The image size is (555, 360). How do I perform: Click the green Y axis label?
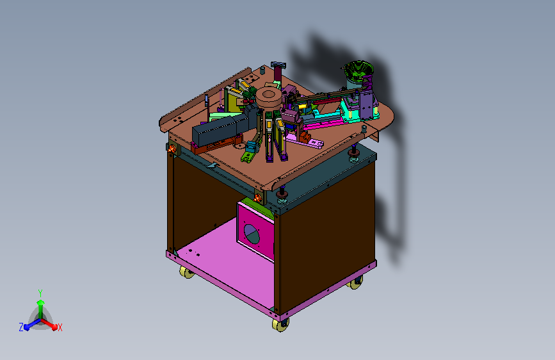pos(40,293)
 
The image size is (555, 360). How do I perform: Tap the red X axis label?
pos(60,327)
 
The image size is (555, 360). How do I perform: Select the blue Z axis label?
pos(21,327)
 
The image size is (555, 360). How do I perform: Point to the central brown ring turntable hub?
pos(269,98)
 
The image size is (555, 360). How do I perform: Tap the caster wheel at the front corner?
pos(281,325)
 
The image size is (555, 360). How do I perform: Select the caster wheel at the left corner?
pos(186,272)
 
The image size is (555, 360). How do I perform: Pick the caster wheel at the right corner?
pos(355,282)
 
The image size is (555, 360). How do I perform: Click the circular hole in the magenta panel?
pos(252,234)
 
